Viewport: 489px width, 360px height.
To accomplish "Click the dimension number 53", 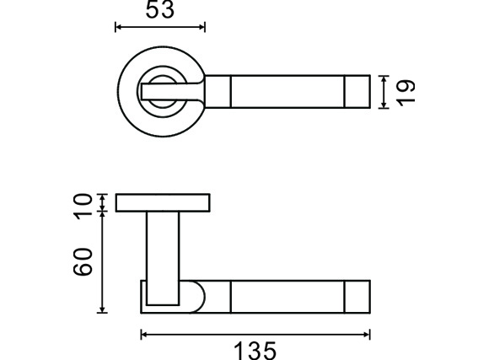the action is click(x=160, y=9).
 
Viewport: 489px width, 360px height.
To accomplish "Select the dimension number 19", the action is click(x=406, y=94).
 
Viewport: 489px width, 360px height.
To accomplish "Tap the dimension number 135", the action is click(x=255, y=351).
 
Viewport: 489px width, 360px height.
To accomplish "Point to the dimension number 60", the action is click(x=83, y=261).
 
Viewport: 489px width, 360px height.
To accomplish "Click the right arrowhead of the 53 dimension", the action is click(x=202, y=27).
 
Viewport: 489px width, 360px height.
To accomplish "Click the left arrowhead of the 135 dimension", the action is click(x=144, y=335).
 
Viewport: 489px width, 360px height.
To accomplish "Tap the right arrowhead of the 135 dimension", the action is click(x=367, y=335).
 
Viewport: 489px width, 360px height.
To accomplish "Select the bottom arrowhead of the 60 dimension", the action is click(x=102, y=309).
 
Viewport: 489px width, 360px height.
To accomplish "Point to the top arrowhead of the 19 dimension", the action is click(x=384, y=79).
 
